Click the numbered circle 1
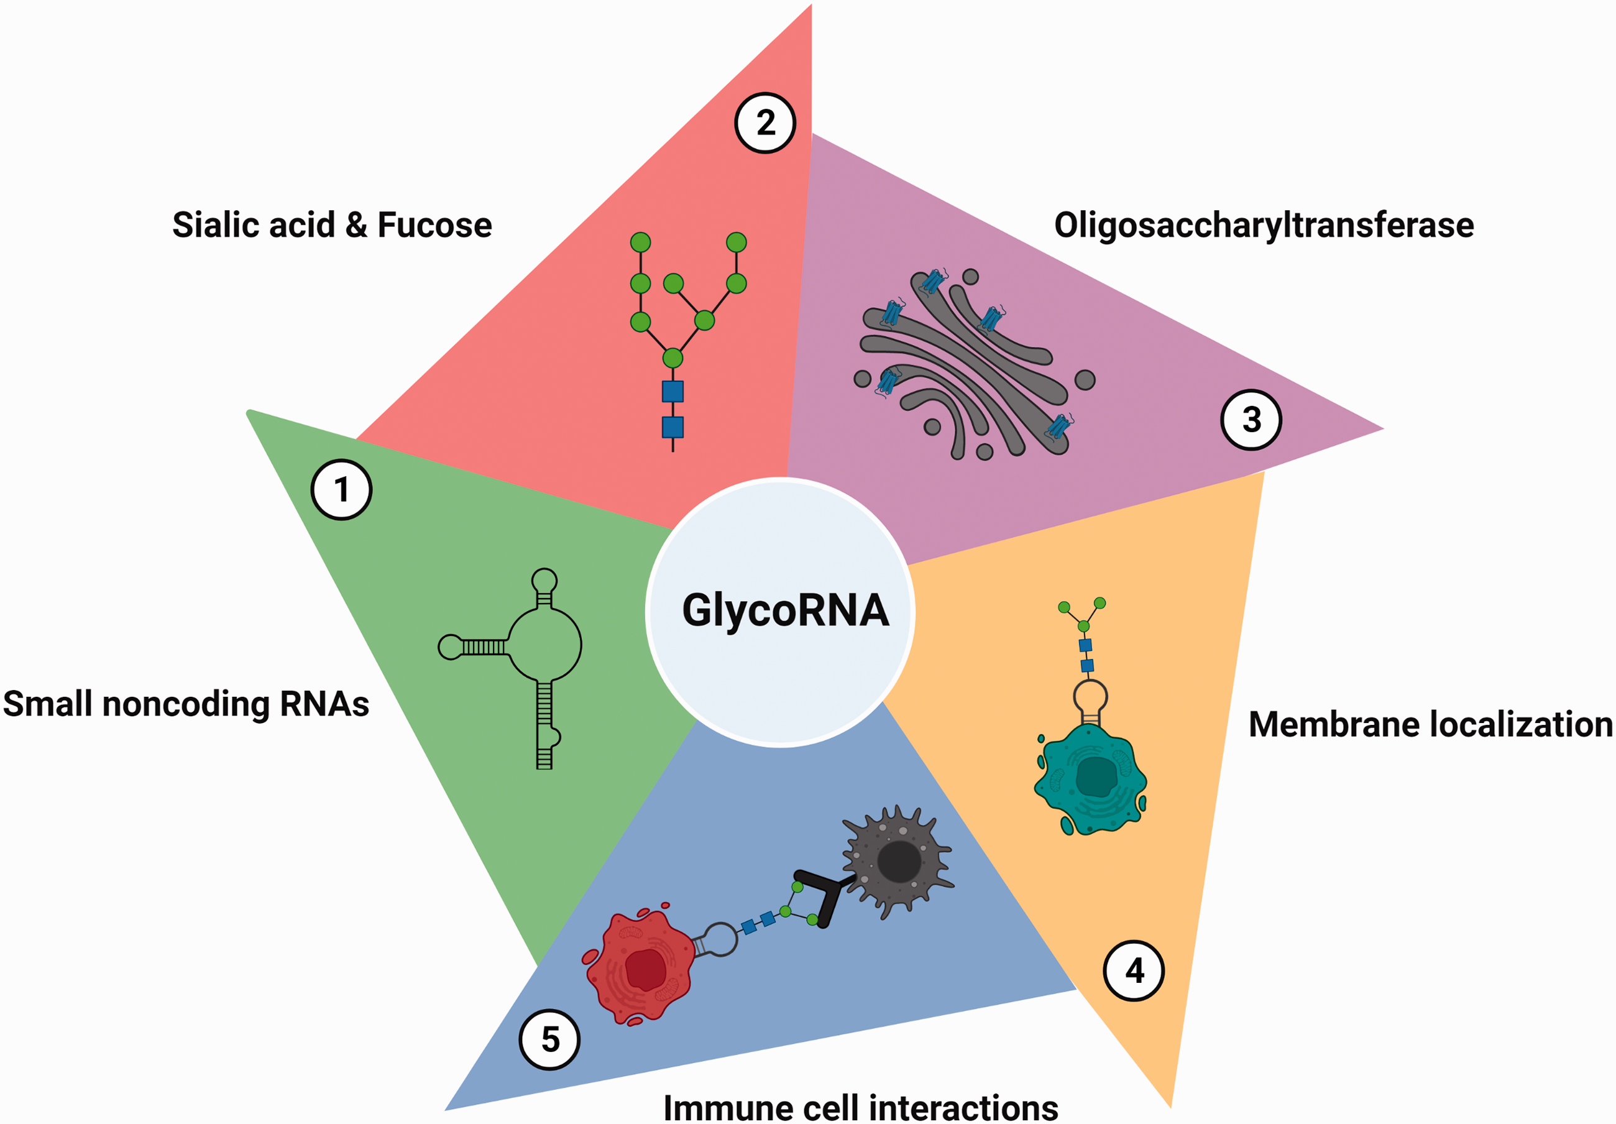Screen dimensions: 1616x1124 [x=341, y=490]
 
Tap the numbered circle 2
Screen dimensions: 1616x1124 [x=765, y=123]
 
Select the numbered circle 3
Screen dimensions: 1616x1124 [x=1251, y=420]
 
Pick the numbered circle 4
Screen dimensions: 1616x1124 [x=1134, y=970]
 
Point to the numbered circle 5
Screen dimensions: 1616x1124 [x=549, y=1039]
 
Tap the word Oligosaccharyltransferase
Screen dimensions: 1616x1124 [x=1264, y=225]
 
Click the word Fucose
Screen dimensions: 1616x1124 [x=435, y=224]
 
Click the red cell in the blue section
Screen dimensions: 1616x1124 [x=639, y=965]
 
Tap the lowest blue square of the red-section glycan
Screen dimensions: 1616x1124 [x=673, y=427]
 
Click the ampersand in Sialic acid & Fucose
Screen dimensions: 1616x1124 [x=356, y=225]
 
